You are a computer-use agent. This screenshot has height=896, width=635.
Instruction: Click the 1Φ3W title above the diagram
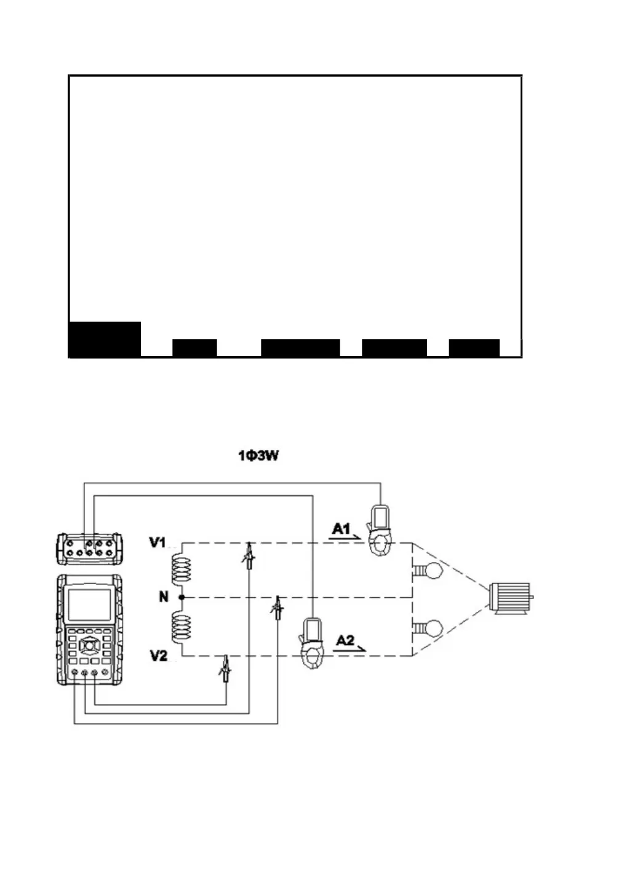click(258, 457)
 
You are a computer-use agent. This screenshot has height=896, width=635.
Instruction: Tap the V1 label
click(158, 542)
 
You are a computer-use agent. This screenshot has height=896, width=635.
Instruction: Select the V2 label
click(158, 656)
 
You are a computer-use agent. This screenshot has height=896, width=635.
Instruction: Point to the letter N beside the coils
click(164, 597)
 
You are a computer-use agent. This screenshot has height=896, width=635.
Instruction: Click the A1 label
click(342, 528)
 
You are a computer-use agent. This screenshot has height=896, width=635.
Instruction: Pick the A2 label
click(346, 640)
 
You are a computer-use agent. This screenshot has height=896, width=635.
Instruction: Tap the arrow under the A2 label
click(351, 649)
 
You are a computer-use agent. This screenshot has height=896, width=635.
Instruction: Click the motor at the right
click(510, 597)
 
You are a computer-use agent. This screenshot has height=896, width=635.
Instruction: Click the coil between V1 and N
click(181, 569)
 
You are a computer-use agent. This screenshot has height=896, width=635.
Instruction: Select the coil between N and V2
click(181, 627)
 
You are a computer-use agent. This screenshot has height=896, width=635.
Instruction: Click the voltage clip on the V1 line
click(249, 555)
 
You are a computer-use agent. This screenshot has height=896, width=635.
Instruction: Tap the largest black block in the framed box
click(105, 339)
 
